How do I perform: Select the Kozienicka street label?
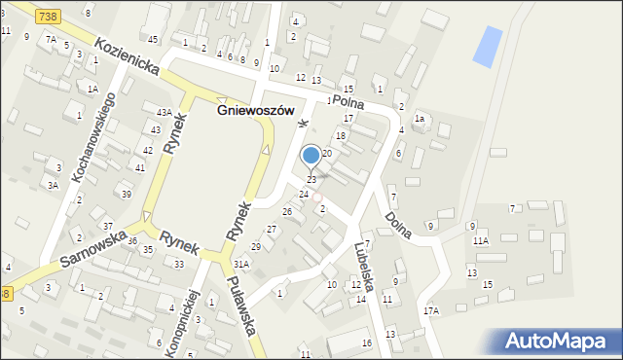(127, 56)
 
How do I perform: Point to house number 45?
(153, 39)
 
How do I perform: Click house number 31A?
(241, 264)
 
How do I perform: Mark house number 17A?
(430, 310)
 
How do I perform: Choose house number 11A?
(480, 240)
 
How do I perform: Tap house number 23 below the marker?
(311, 180)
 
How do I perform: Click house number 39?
(127, 194)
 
